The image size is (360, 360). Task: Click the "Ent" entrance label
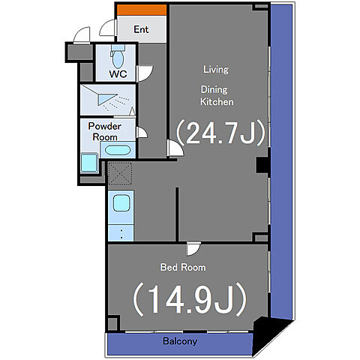point(141,29)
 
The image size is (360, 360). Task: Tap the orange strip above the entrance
point(142,10)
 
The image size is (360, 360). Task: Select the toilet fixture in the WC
point(118,56)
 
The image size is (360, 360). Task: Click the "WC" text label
point(118,73)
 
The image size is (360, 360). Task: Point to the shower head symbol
point(106,99)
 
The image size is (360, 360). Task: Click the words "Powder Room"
point(105,131)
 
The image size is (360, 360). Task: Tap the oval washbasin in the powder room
point(118,150)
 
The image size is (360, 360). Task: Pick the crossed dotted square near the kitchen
point(120,173)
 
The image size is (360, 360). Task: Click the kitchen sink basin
point(121,203)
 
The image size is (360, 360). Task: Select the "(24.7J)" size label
point(220,133)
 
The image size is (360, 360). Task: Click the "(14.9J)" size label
point(190,299)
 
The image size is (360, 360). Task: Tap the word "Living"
point(216,70)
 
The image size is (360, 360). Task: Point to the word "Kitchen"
point(217,102)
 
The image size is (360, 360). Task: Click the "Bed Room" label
point(183,268)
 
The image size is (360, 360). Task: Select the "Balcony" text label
point(180,341)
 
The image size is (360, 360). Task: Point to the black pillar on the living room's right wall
point(262,165)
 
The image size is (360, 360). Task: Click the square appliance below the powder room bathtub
point(89,163)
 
